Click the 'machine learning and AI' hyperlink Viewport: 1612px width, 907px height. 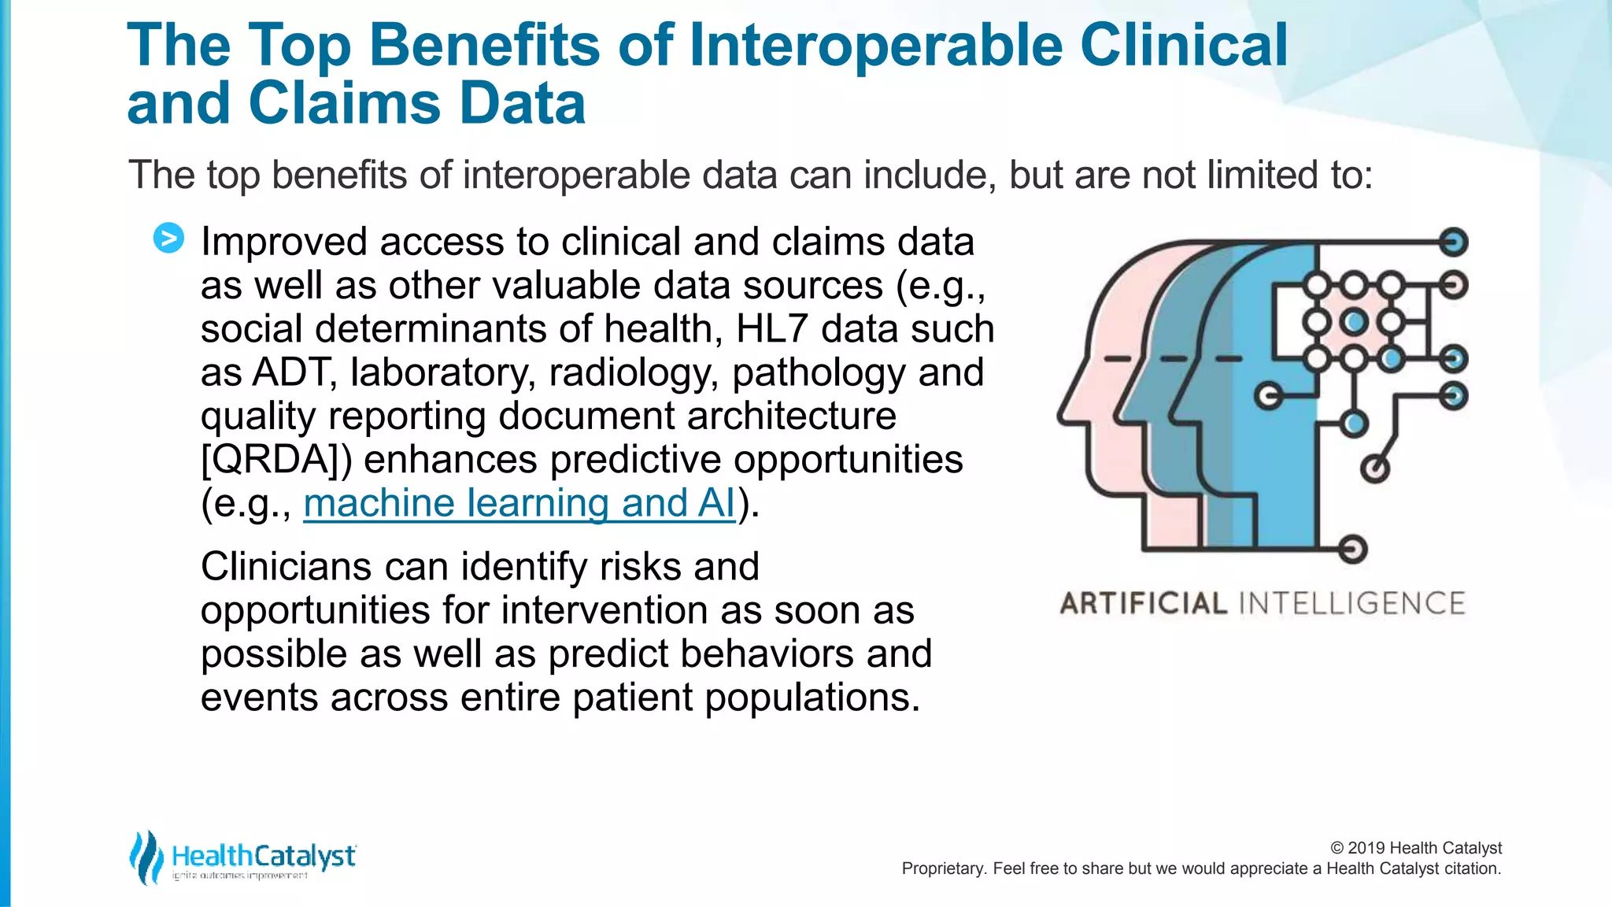(519, 503)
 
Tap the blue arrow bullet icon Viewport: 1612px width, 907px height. (168, 238)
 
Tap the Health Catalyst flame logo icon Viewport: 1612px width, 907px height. (146, 857)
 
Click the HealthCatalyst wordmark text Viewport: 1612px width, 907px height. (264, 856)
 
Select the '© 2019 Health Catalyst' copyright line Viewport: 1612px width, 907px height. (1415, 848)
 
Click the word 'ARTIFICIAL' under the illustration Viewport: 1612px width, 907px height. (1144, 604)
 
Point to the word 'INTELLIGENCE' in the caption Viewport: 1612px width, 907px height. (1351, 604)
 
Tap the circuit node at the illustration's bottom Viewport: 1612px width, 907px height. (1352, 549)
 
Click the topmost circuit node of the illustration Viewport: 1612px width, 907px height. (1453, 242)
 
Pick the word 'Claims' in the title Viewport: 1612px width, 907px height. (346, 104)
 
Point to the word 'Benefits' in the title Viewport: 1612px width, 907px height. (484, 45)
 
